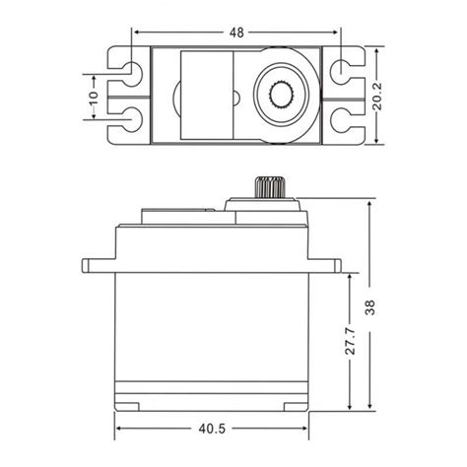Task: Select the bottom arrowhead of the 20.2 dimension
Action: pyautogui.click(x=377, y=141)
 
